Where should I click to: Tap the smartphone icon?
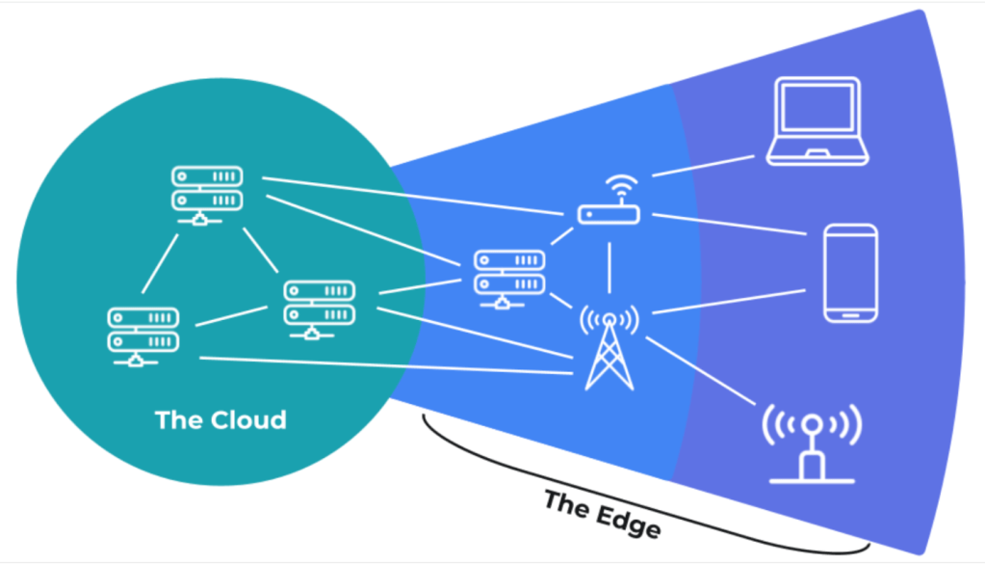(850, 273)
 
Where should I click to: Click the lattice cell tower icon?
(609, 349)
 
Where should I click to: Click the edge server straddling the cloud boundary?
(509, 279)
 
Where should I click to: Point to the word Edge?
(625, 521)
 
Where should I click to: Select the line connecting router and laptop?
(701, 165)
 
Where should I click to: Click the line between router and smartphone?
(722, 224)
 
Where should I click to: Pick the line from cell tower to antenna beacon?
(701, 372)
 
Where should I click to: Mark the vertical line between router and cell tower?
(609, 264)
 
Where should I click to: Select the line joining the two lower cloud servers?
(231, 316)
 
